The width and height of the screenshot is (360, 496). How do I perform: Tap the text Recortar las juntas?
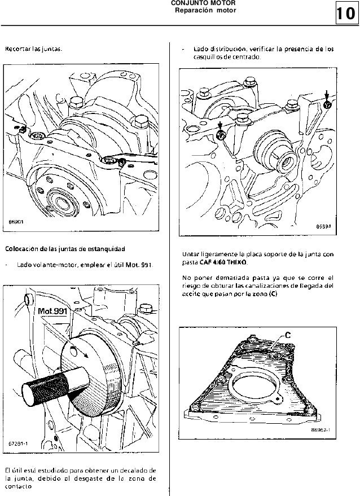[x=33, y=50]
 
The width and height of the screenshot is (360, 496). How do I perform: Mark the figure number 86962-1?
[x=321, y=428]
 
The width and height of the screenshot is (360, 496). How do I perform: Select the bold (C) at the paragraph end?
[x=273, y=294]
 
